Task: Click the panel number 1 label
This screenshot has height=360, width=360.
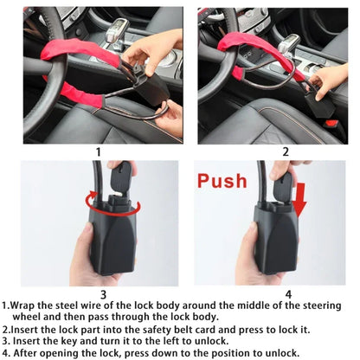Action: [x=98, y=150]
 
